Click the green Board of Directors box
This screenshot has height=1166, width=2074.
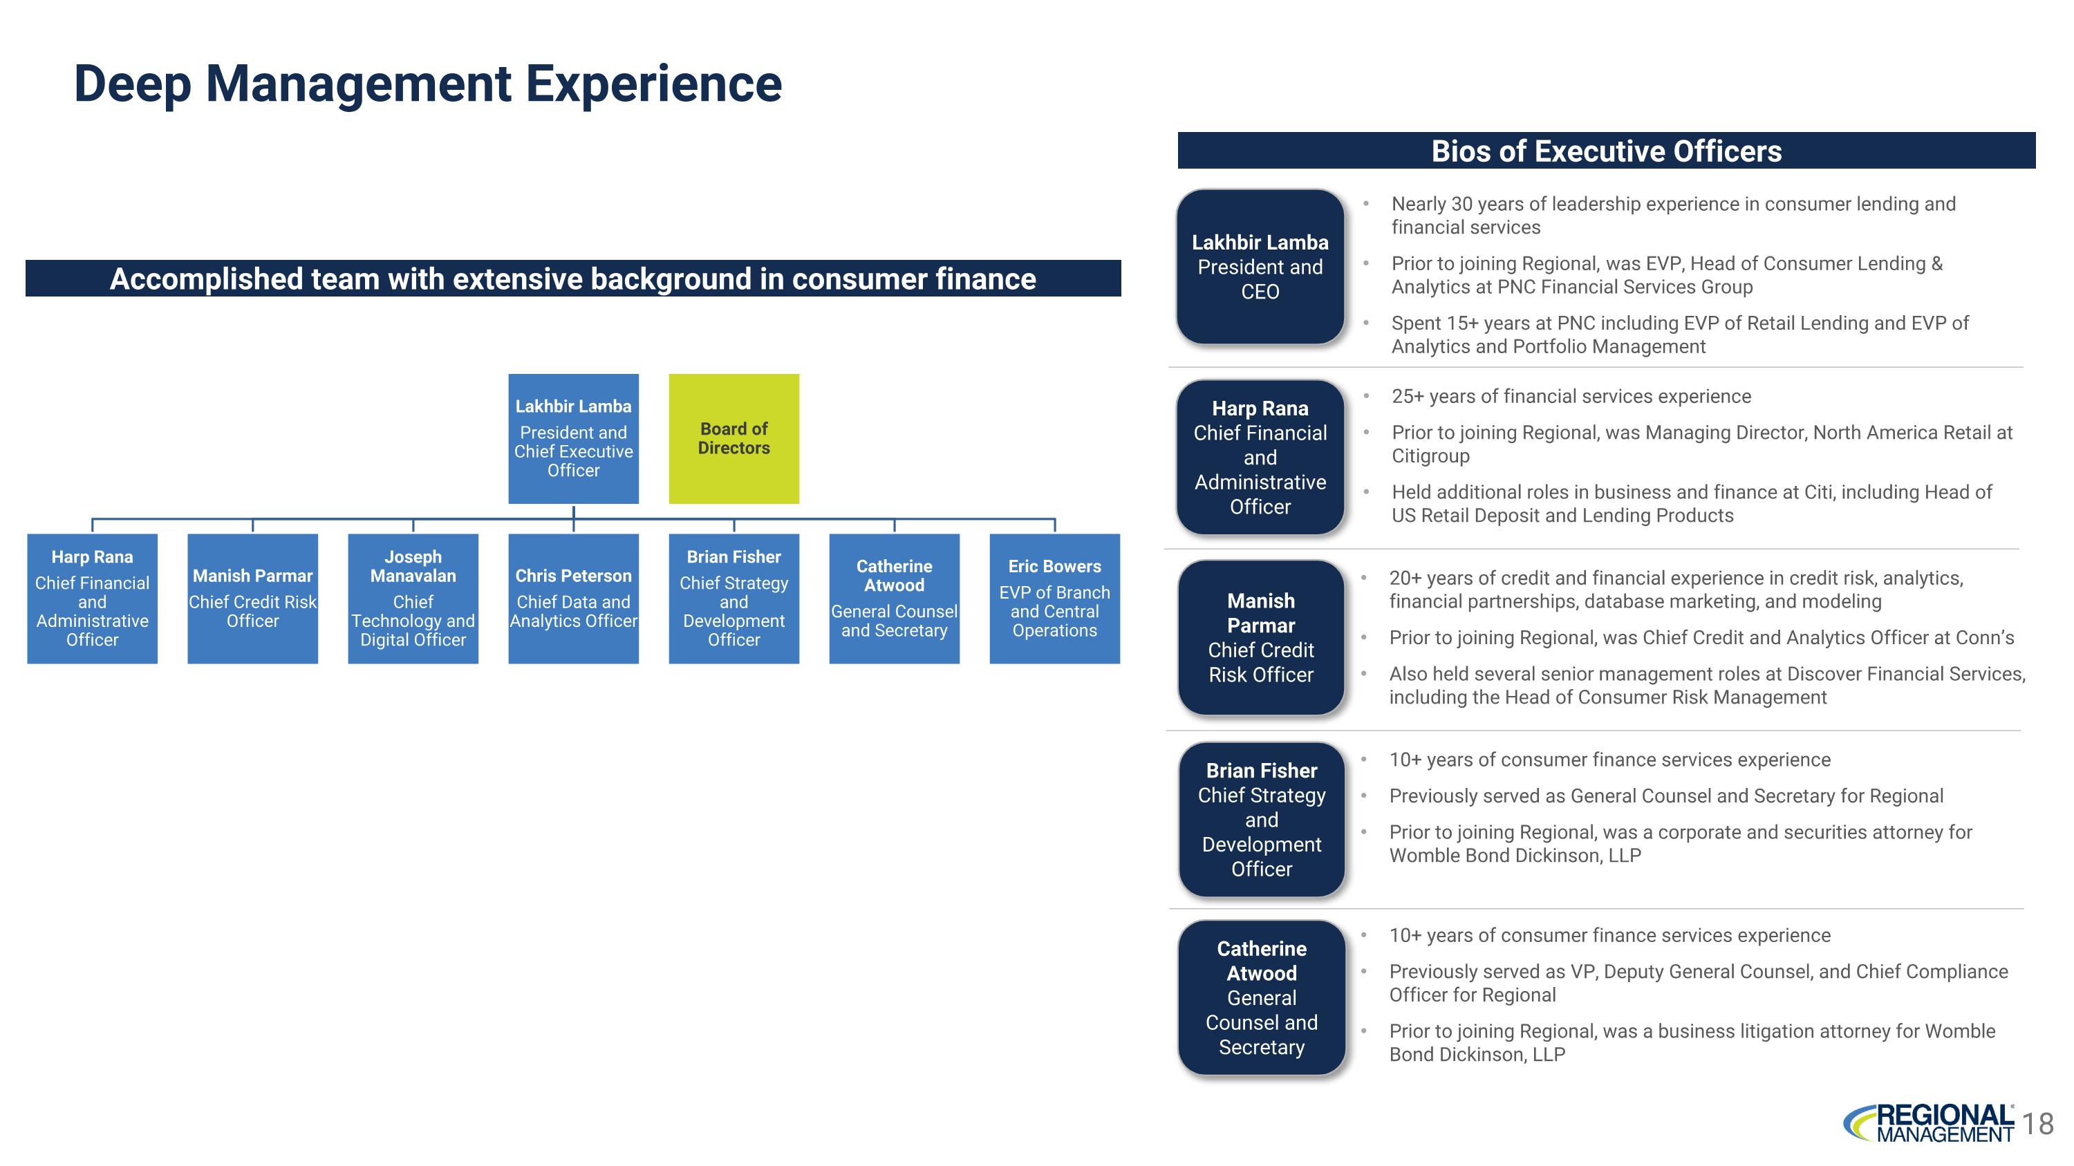(x=734, y=439)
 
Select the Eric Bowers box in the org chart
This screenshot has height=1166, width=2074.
(x=1054, y=598)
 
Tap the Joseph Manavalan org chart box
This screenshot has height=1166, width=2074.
(x=412, y=598)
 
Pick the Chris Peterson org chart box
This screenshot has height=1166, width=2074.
(x=572, y=598)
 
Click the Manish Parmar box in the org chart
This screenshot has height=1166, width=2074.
(x=252, y=598)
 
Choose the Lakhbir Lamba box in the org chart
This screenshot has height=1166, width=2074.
(x=572, y=439)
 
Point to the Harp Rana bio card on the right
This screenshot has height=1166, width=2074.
(x=1260, y=457)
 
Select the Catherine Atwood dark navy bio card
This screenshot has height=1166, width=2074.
(x=1261, y=997)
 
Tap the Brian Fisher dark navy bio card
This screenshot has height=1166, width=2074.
(x=1261, y=819)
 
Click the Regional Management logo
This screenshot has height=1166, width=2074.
(x=1930, y=1123)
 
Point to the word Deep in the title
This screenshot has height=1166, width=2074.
(x=132, y=84)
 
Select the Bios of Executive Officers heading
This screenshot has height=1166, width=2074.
(x=1605, y=151)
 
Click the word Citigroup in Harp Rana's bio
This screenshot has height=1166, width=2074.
(x=1430, y=456)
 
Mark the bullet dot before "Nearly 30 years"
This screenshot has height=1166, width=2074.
(x=1366, y=205)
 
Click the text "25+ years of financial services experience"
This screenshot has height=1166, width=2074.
(x=1571, y=397)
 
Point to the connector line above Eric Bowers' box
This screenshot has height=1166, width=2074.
(x=1054, y=525)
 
